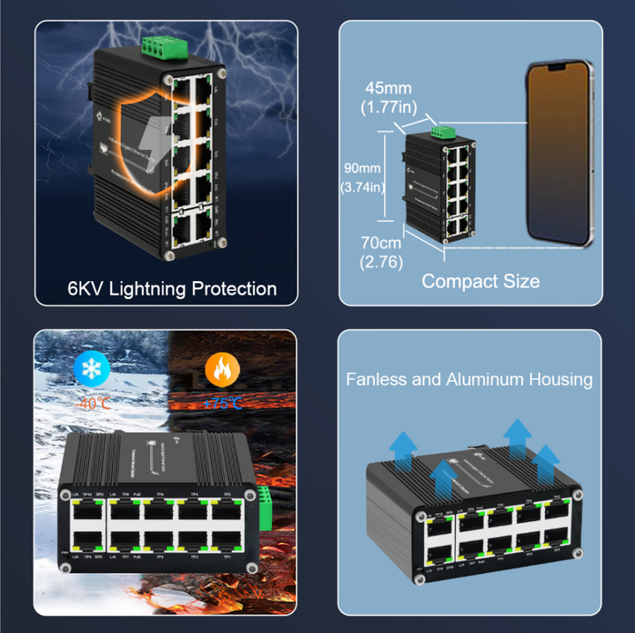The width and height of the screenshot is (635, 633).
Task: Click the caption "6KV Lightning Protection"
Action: (172, 288)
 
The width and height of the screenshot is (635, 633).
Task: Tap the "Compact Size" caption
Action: (481, 281)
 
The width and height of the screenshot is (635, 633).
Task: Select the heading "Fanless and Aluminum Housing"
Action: (469, 379)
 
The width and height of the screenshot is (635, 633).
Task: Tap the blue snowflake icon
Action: (90, 369)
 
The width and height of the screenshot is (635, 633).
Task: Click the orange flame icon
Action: (220, 369)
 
